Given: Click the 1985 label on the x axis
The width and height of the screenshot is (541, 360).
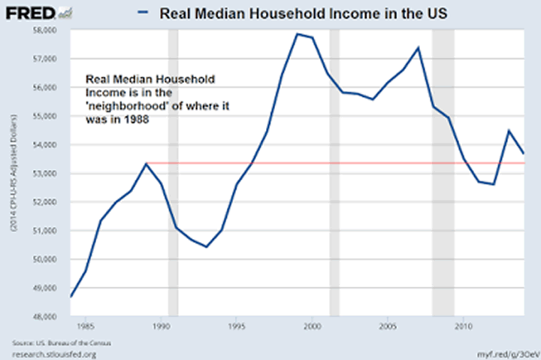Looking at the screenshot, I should click(x=86, y=328).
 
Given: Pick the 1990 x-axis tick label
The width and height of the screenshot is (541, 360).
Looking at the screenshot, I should click(x=161, y=328).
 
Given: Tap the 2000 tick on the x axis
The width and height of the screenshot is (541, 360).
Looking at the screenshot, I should click(x=312, y=328).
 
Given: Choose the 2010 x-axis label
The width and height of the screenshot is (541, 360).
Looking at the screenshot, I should click(x=462, y=328).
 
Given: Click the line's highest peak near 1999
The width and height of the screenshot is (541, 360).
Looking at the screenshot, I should click(x=297, y=34).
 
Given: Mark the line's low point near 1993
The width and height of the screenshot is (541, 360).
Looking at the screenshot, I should click(x=206, y=247).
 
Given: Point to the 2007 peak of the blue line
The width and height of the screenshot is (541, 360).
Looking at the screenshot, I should click(x=418, y=47).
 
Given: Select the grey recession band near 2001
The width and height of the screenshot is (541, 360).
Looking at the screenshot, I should click(x=334, y=173).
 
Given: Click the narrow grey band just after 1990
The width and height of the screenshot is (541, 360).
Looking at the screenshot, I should click(x=173, y=173).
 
